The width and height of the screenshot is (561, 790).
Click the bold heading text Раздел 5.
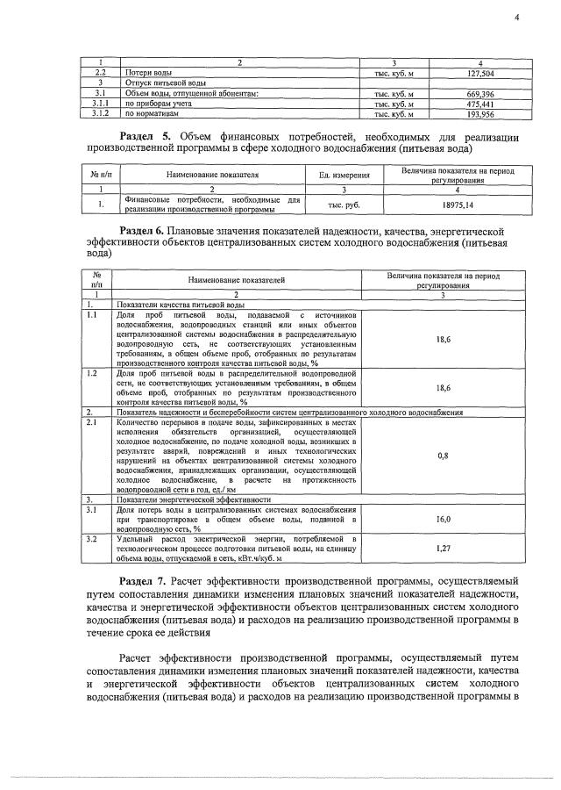pyautogui.click(x=145, y=138)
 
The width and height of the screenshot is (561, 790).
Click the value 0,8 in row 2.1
pyautogui.click(x=443, y=456)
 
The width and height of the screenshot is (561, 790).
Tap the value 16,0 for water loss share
pyautogui.click(x=443, y=520)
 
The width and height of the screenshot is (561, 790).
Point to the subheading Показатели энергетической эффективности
pyautogui.click(x=193, y=498)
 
